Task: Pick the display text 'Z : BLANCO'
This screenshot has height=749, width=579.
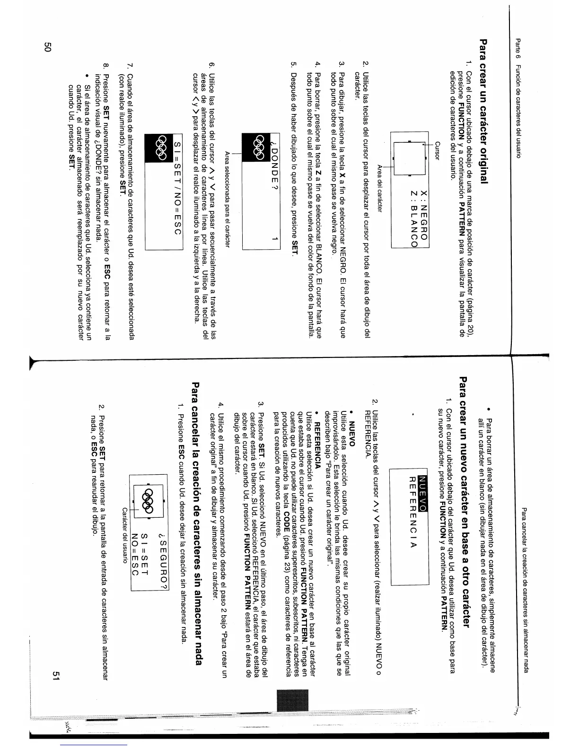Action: [x=411, y=218]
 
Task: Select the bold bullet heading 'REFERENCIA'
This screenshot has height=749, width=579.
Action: [x=318, y=435]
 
